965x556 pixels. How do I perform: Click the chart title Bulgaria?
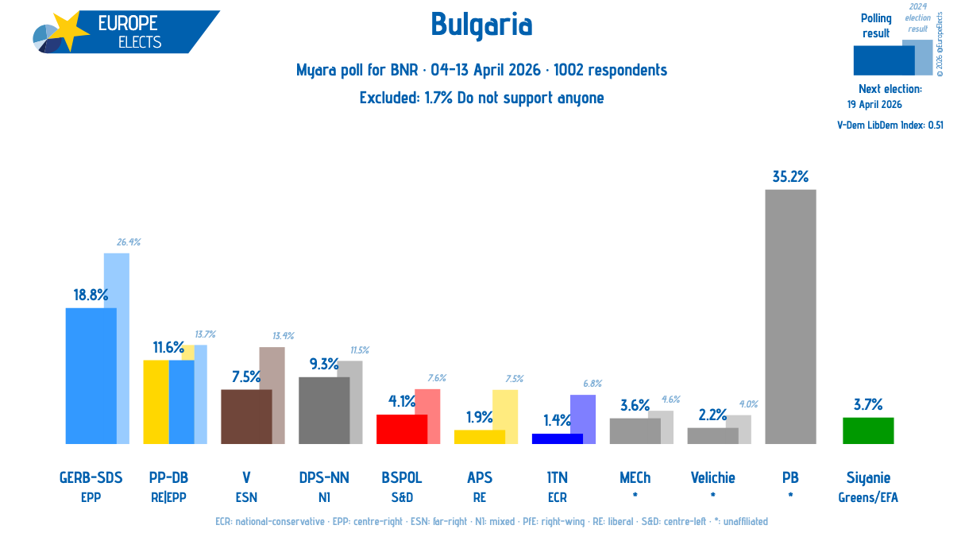click(x=481, y=25)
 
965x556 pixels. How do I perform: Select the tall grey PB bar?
click(x=790, y=317)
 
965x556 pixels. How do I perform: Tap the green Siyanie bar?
click(x=868, y=431)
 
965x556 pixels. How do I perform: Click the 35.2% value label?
click(x=790, y=176)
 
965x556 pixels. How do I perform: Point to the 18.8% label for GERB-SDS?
click(x=91, y=295)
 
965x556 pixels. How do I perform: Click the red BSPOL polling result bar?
click(x=402, y=430)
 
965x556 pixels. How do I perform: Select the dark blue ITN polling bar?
click(x=558, y=439)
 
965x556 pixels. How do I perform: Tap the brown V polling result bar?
click(x=246, y=417)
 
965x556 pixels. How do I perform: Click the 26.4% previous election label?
click(x=129, y=242)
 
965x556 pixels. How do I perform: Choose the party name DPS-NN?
click(x=324, y=477)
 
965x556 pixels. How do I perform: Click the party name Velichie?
click(x=713, y=477)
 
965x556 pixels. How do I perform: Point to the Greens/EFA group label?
click(x=868, y=497)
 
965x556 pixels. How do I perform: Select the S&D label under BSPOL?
click(x=402, y=497)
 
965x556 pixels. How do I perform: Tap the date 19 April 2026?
click(x=874, y=105)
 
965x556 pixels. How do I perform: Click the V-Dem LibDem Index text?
click(x=890, y=125)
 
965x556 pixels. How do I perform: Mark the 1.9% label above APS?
click(x=480, y=417)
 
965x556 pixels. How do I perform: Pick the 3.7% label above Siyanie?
click(x=868, y=404)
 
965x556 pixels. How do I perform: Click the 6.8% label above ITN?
click(x=593, y=384)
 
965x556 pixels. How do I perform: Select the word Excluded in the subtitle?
click(x=389, y=98)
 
